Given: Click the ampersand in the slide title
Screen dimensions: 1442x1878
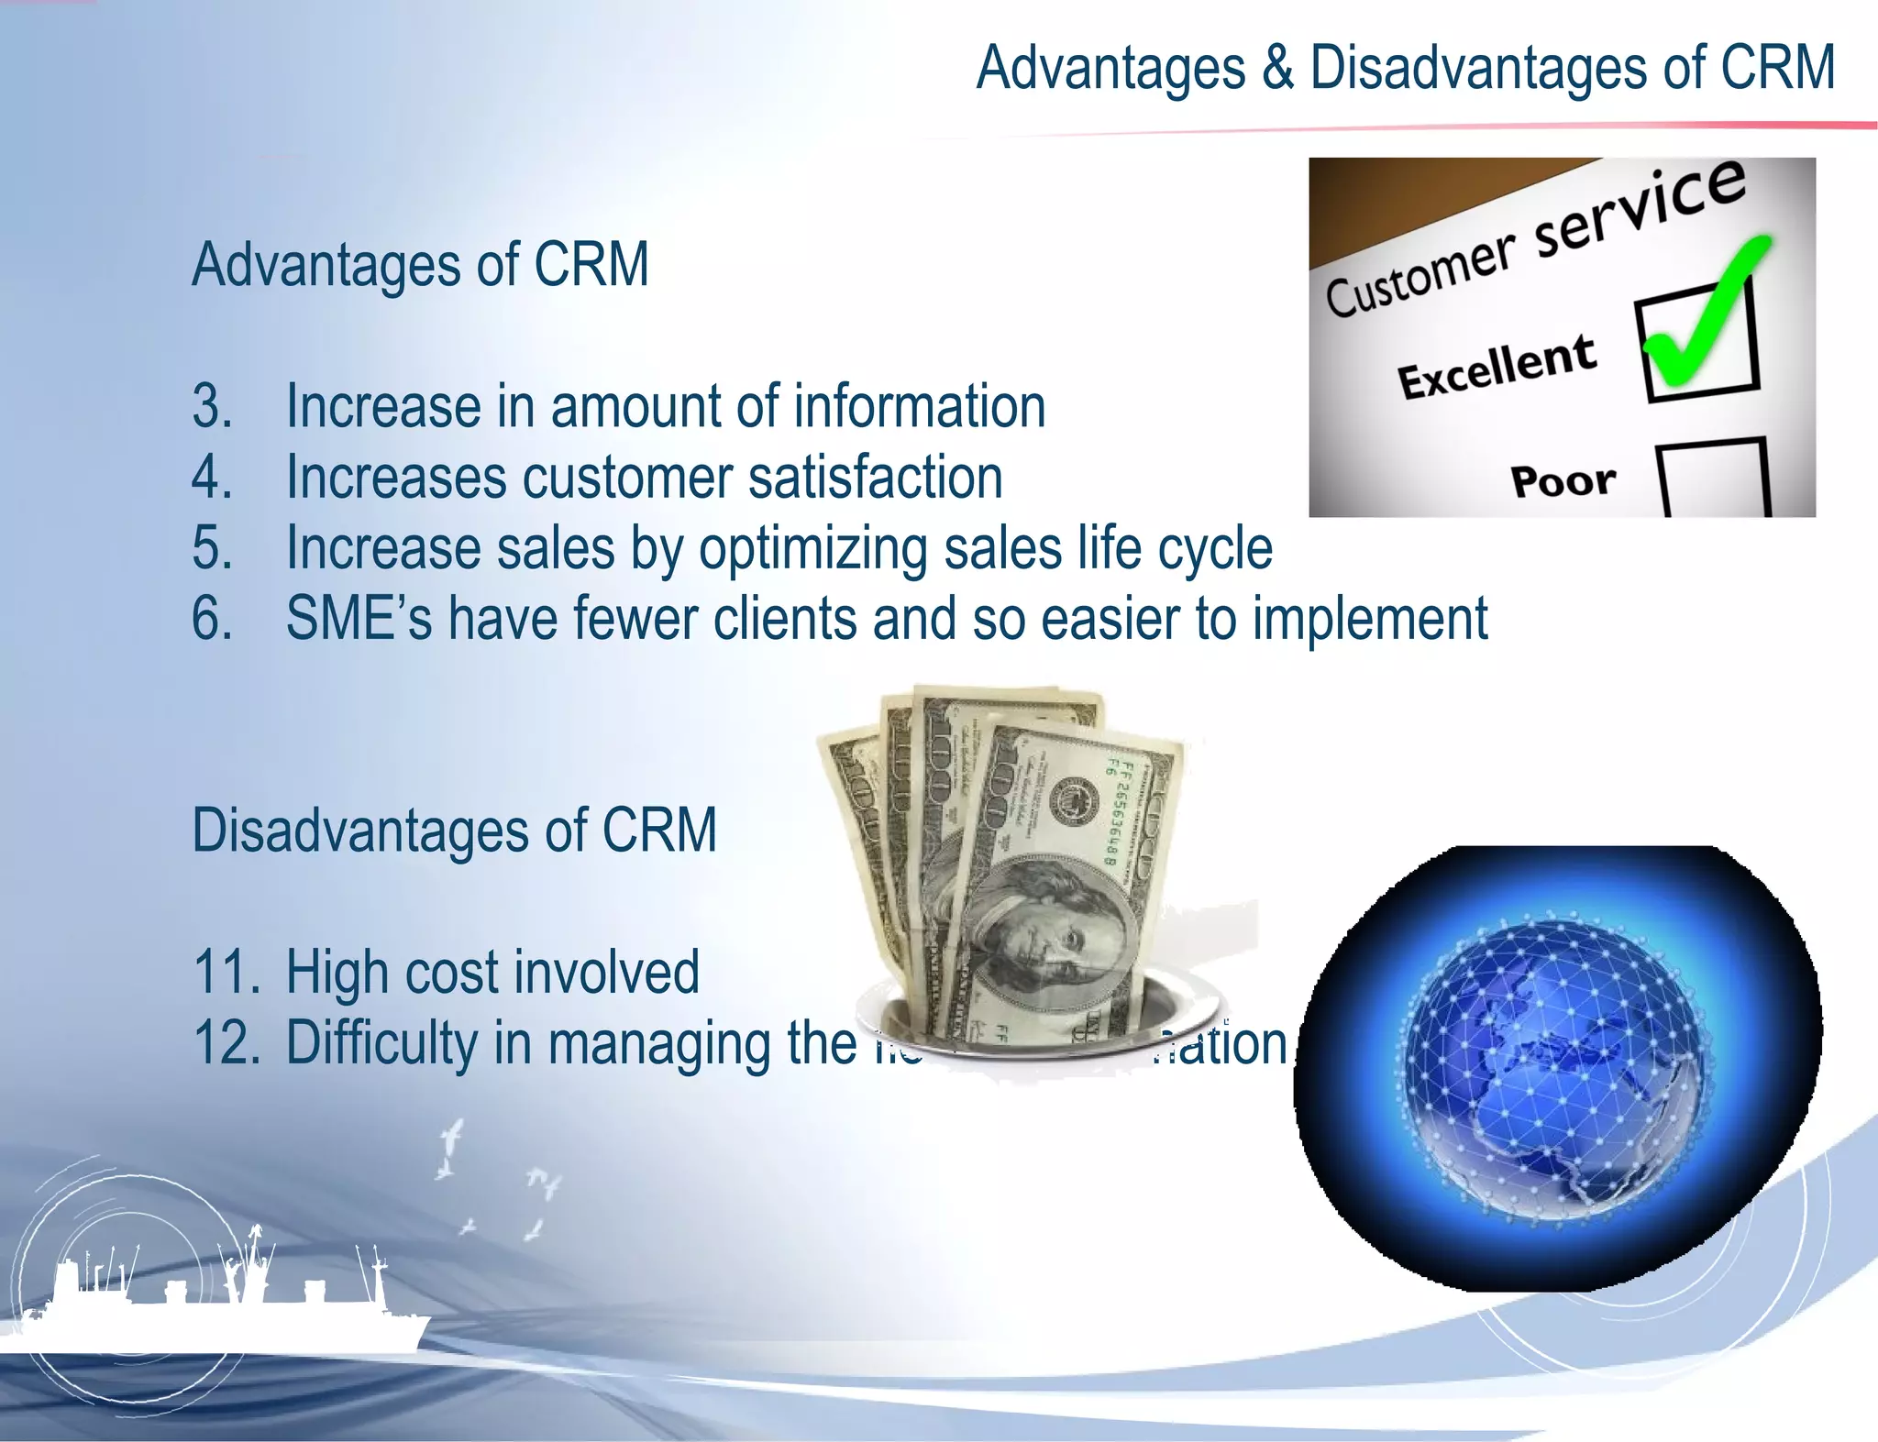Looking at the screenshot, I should click(1276, 69).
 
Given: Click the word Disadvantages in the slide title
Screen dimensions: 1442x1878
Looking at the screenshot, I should click(1478, 69).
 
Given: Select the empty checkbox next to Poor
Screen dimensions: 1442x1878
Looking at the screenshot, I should click(1713, 479).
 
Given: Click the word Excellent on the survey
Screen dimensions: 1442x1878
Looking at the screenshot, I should click(1496, 367).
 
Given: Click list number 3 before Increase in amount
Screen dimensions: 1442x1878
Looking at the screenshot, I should click(212, 406).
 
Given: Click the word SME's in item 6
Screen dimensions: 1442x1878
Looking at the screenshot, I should click(359, 619).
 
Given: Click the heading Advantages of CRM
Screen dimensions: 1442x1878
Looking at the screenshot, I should click(420, 265).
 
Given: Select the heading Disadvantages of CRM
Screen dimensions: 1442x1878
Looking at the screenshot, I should click(454, 831).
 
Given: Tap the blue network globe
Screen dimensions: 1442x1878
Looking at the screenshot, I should click(1557, 1068).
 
